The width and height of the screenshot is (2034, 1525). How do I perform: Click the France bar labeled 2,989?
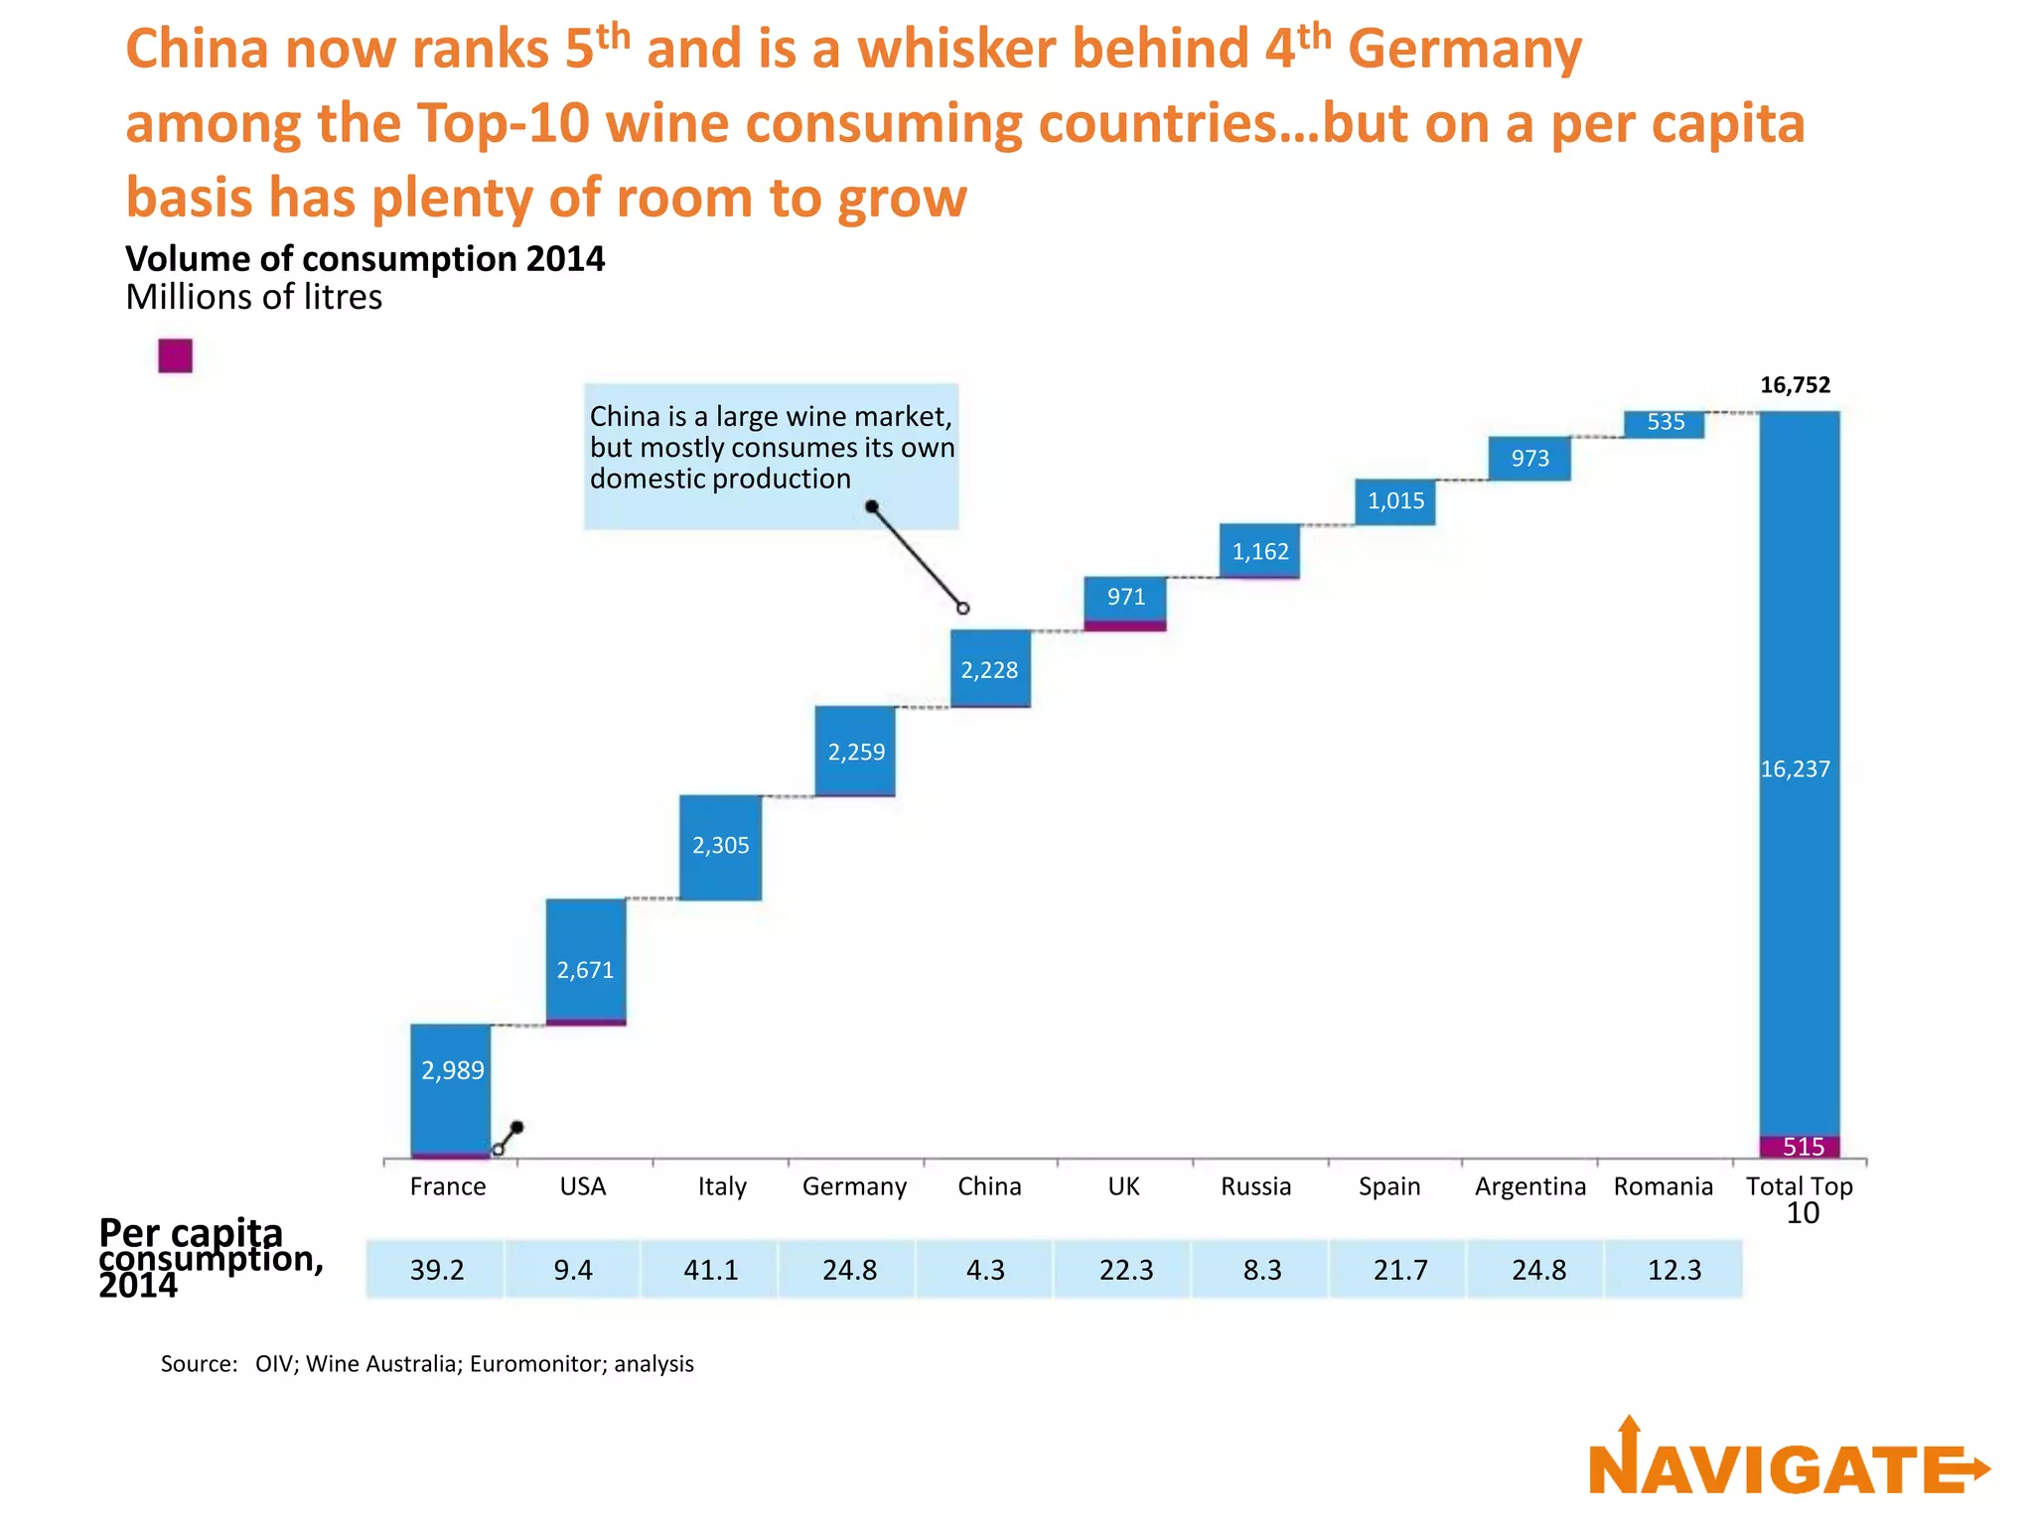451,1089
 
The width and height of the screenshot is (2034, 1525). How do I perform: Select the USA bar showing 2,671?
586,961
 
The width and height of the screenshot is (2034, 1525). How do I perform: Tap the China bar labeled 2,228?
990,668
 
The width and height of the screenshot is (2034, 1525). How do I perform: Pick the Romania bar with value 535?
1665,424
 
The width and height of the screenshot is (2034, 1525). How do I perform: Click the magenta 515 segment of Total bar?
1800,1147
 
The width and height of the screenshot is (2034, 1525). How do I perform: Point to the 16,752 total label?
1795,385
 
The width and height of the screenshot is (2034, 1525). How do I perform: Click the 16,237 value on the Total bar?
1795,769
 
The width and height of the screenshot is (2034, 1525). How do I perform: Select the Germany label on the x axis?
854,1186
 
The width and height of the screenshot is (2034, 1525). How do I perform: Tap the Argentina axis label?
1529,1186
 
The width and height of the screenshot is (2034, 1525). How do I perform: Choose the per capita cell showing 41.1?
711,1270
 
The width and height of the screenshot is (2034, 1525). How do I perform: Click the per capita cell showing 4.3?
985,1270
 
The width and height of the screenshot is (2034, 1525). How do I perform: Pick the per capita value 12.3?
1674,1270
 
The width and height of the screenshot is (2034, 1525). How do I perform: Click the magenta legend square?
175,355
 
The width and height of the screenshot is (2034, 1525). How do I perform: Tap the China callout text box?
771,455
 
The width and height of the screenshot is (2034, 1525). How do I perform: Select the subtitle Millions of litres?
253,297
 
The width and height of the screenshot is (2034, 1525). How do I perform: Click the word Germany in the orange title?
1464,50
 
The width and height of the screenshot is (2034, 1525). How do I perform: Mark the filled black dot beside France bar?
516,1128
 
